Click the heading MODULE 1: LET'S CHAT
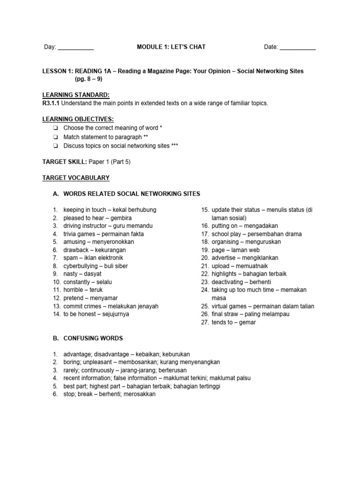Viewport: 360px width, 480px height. point(171,47)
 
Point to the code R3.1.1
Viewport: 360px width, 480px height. point(51,103)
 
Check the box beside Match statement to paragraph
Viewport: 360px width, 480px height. point(56,137)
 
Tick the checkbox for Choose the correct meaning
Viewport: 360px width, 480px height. point(56,128)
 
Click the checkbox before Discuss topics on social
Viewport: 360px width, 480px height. point(56,146)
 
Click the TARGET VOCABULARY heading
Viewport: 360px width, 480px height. point(76,178)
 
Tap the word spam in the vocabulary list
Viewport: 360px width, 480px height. point(70,258)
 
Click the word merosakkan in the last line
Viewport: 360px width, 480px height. point(139,394)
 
